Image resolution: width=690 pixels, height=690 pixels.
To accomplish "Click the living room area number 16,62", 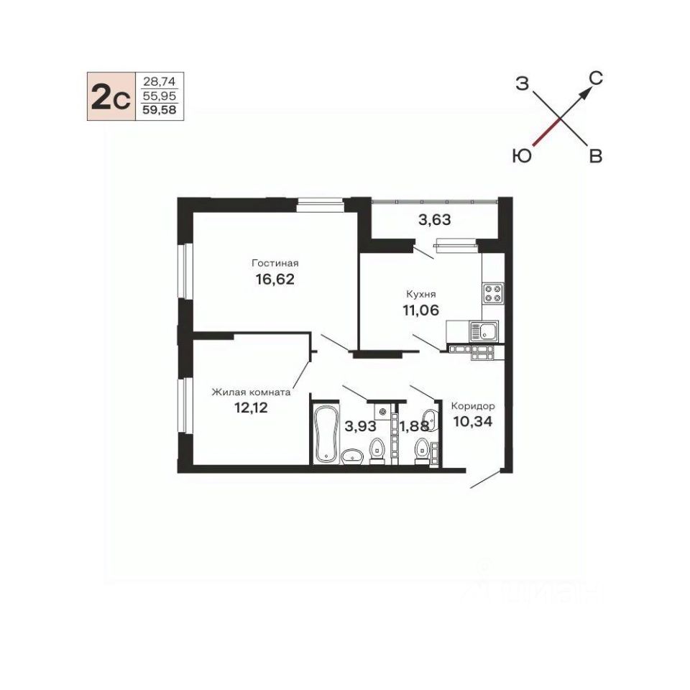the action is pyautogui.click(x=275, y=279).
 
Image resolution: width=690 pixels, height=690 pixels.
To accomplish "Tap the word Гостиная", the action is pyautogui.click(x=275, y=263).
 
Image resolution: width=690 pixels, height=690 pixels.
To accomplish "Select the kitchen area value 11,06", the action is pyautogui.click(x=420, y=310).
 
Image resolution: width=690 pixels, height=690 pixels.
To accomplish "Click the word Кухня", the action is pyautogui.click(x=420, y=294).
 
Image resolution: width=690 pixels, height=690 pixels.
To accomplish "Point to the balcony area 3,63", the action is pyautogui.click(x=434, y=219).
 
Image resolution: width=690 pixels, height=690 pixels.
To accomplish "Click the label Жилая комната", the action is pyautogui.click(x=251, y=392).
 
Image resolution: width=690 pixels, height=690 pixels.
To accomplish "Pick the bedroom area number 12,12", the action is pyautogui.click(x=251, y=408).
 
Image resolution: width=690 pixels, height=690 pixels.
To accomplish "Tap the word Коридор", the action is pyautogui.click(x=473, y=405).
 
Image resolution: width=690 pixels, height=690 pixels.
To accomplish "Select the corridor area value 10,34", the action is pyautogui.click(x=473, y=422).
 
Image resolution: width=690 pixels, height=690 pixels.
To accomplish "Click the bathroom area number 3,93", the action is pyautogui.click(x=360, y=426).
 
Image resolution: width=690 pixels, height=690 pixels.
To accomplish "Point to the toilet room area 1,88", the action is pyautogui.click(x=414, y=426).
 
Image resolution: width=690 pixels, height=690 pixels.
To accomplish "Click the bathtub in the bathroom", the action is pyautogui.click(x=326, y=434).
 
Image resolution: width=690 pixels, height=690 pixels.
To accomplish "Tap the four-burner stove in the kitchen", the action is pyautogui.click(x=493, y=293).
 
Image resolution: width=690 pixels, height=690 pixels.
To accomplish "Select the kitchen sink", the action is pyautogui.click(x=484, y=331).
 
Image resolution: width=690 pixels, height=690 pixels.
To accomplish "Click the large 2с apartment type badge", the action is pyautogui.click(x=111, y=97).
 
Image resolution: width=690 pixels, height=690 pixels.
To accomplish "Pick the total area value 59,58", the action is pyautogui.click(x=160, y=110).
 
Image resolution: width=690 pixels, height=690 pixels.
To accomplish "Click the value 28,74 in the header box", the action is pyautogui.click(x=160, y=81).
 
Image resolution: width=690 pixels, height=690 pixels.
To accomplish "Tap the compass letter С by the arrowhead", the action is pyautogui.click(x=596, y=79).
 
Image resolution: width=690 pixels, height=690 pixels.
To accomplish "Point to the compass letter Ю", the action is pyautogui.click(x=523, y=156).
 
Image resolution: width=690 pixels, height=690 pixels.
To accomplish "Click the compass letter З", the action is pyautogui.click(x=522, y=83).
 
